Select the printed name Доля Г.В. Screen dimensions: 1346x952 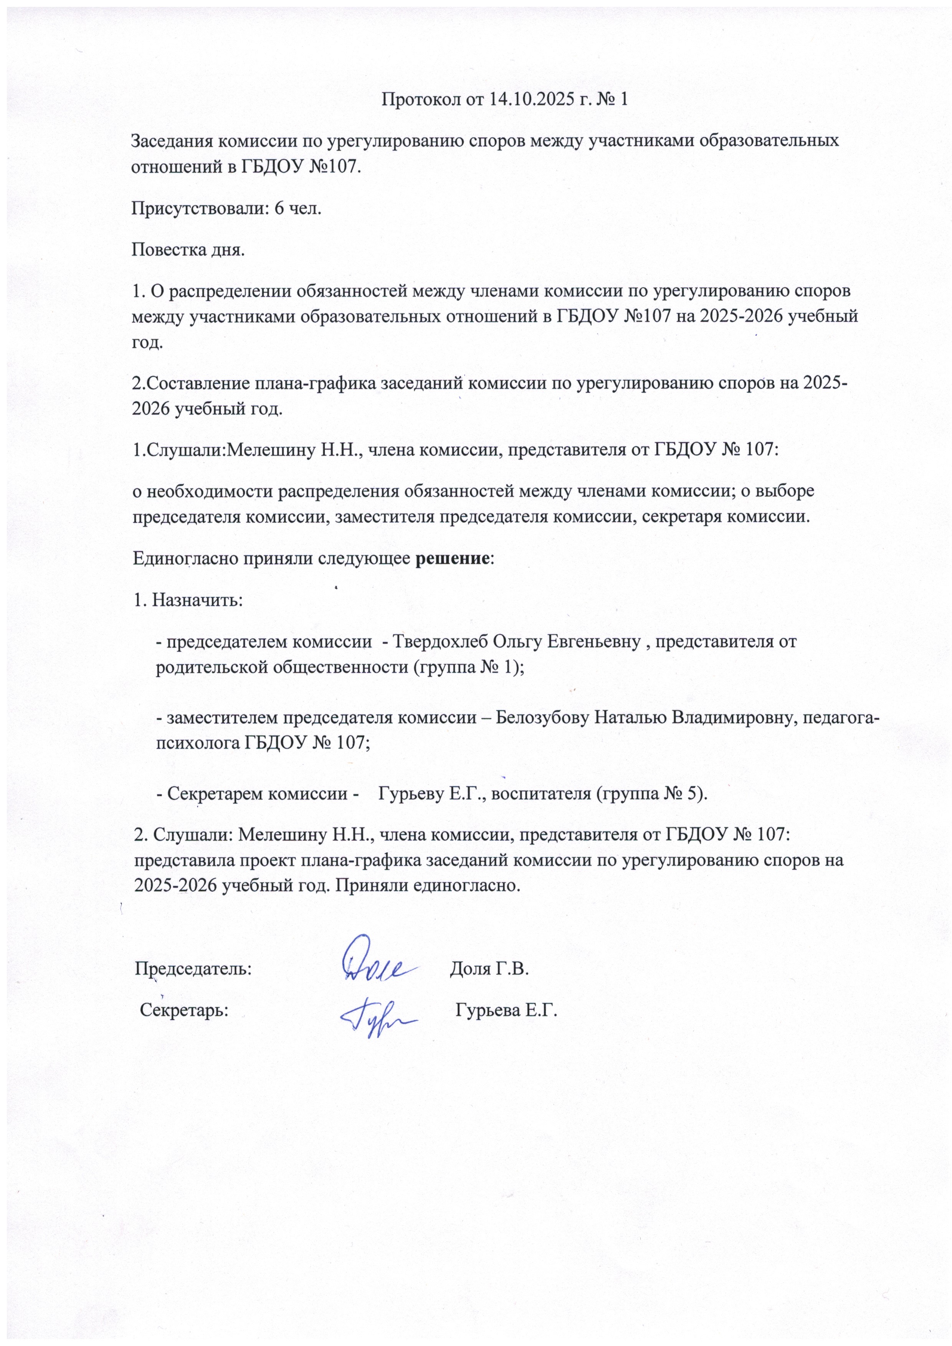[x=489, y=968]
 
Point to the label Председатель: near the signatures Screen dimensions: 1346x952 [x=193, y=968]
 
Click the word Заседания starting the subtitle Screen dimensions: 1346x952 [x=171, y=141]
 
